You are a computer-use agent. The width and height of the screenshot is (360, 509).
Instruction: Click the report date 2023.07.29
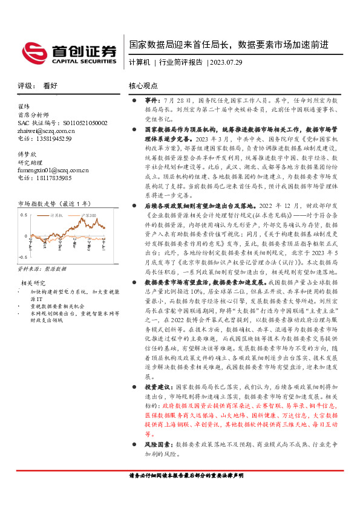(x=226, y=62)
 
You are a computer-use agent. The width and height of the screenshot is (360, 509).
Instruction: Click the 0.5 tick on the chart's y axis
(x=24, y=215)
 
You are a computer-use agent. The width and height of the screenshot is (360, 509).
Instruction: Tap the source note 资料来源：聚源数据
(x=42, y=267)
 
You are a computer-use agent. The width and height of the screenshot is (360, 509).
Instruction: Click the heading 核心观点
(x=143, y=86)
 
